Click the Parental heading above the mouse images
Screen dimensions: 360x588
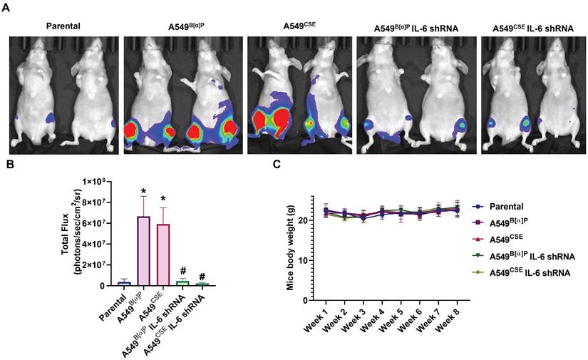tap(63, 26)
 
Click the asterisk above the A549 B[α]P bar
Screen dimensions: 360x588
tap(144, 190)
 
